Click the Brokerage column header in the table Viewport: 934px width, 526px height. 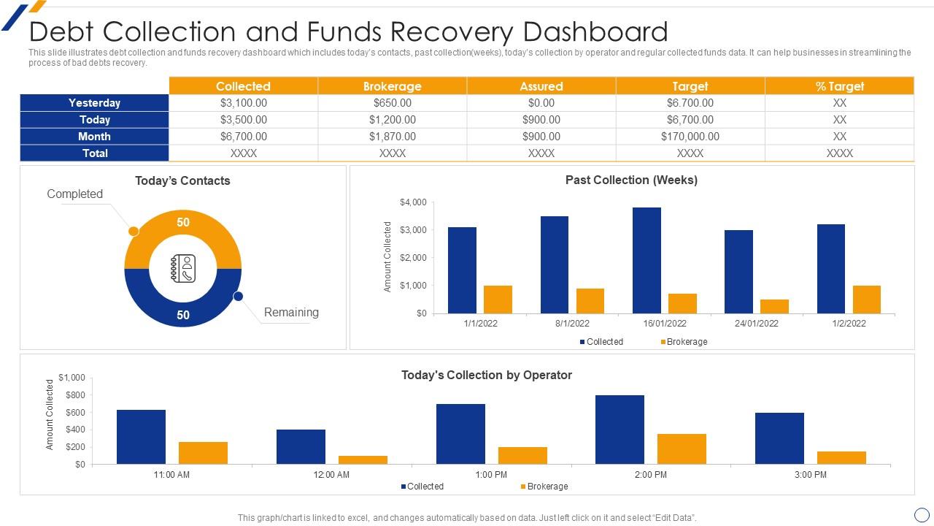tap(392, 86)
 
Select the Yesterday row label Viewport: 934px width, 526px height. tap(94, 103)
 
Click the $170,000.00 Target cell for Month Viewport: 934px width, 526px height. tap(690, 137)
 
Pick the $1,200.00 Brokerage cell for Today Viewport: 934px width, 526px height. tap(392, 120)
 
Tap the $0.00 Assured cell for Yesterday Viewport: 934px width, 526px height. tap(541, 103)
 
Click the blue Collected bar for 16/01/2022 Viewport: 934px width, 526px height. tap(647, 260)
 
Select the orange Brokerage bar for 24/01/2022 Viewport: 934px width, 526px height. tap(774, 306)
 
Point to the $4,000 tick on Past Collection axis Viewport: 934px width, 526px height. tap(413, 202)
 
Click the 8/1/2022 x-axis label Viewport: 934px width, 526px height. tap(572, 323)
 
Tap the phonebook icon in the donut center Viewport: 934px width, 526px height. tap(183, 268)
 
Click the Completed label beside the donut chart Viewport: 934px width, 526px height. tap(74, 194)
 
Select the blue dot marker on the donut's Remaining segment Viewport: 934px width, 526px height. tap(238, 296)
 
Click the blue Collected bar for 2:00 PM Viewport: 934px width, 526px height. tap(620, 430)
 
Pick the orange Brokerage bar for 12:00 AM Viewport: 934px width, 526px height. tap(363, 460)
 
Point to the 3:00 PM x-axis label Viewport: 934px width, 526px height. tap(810, 475)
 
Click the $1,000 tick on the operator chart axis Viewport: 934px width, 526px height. tap(72, 378)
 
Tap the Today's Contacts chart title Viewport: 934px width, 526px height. tap(182, 181)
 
